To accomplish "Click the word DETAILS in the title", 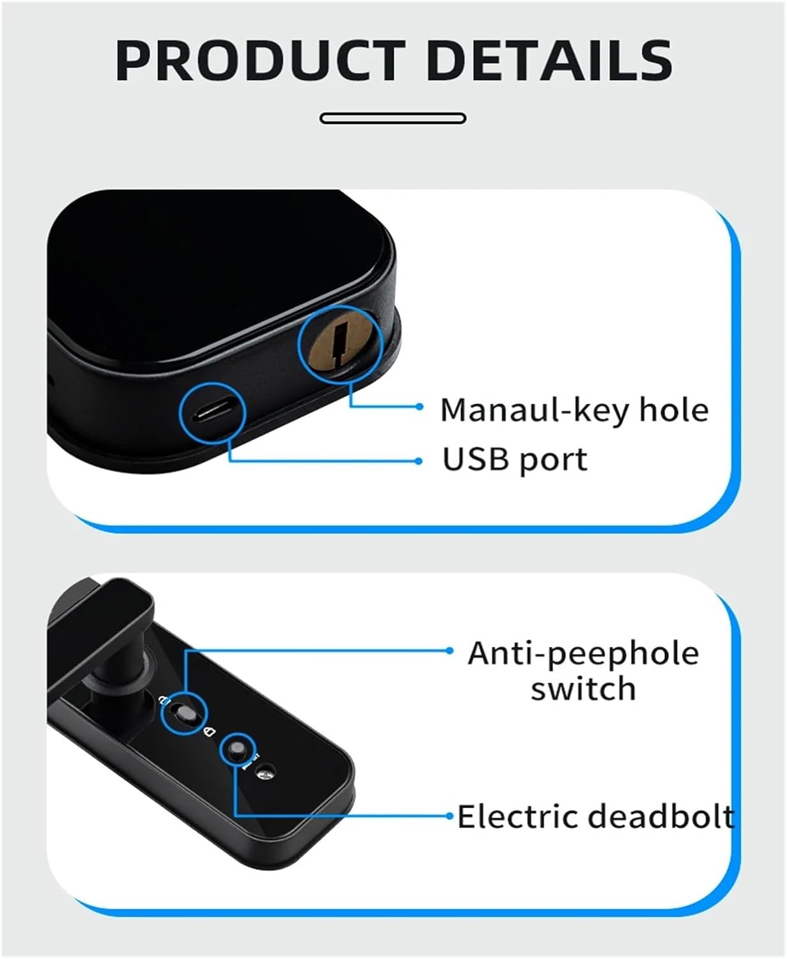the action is [550, 61].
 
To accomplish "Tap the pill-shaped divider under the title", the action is [393, 119].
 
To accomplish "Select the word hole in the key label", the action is [674, 410].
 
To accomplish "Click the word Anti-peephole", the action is [583, 655].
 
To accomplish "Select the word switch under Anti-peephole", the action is [583, 689].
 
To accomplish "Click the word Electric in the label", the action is [519, 816].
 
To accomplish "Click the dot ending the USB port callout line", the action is [419, 461].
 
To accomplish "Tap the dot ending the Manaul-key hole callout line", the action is [419, 407].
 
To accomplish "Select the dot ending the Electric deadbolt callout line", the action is [449, 816].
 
